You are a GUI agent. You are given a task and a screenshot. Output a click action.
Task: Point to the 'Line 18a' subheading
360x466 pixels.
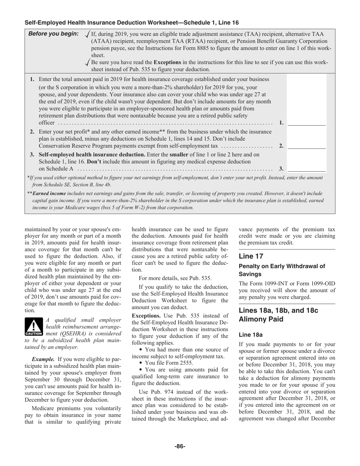(x=250, y=335)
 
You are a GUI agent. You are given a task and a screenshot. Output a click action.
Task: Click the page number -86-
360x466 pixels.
(x=180, y=446)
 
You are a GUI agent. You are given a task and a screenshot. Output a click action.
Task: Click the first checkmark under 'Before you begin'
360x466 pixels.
(x=88, y=34)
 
